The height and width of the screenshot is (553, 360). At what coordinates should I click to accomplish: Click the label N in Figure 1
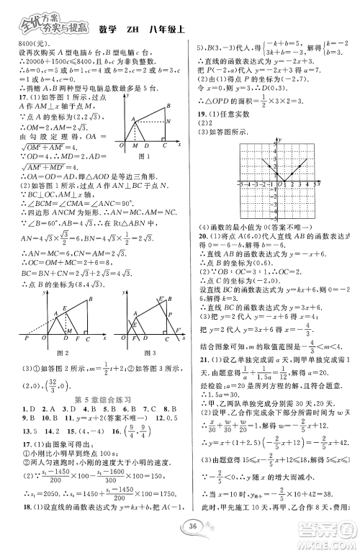pyautogui.click(x=168, y=121)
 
